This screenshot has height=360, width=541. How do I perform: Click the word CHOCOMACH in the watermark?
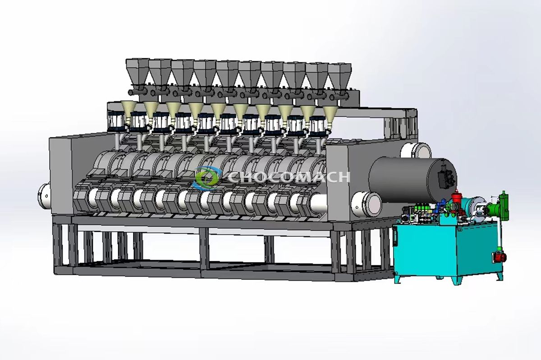pos(289,176)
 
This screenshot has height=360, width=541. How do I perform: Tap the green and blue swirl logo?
pos(206,177)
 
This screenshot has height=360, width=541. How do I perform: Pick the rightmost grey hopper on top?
pos(339,74)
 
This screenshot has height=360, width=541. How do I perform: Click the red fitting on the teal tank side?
pos(500,257)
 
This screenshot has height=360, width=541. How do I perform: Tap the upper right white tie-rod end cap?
pos(421,150)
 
